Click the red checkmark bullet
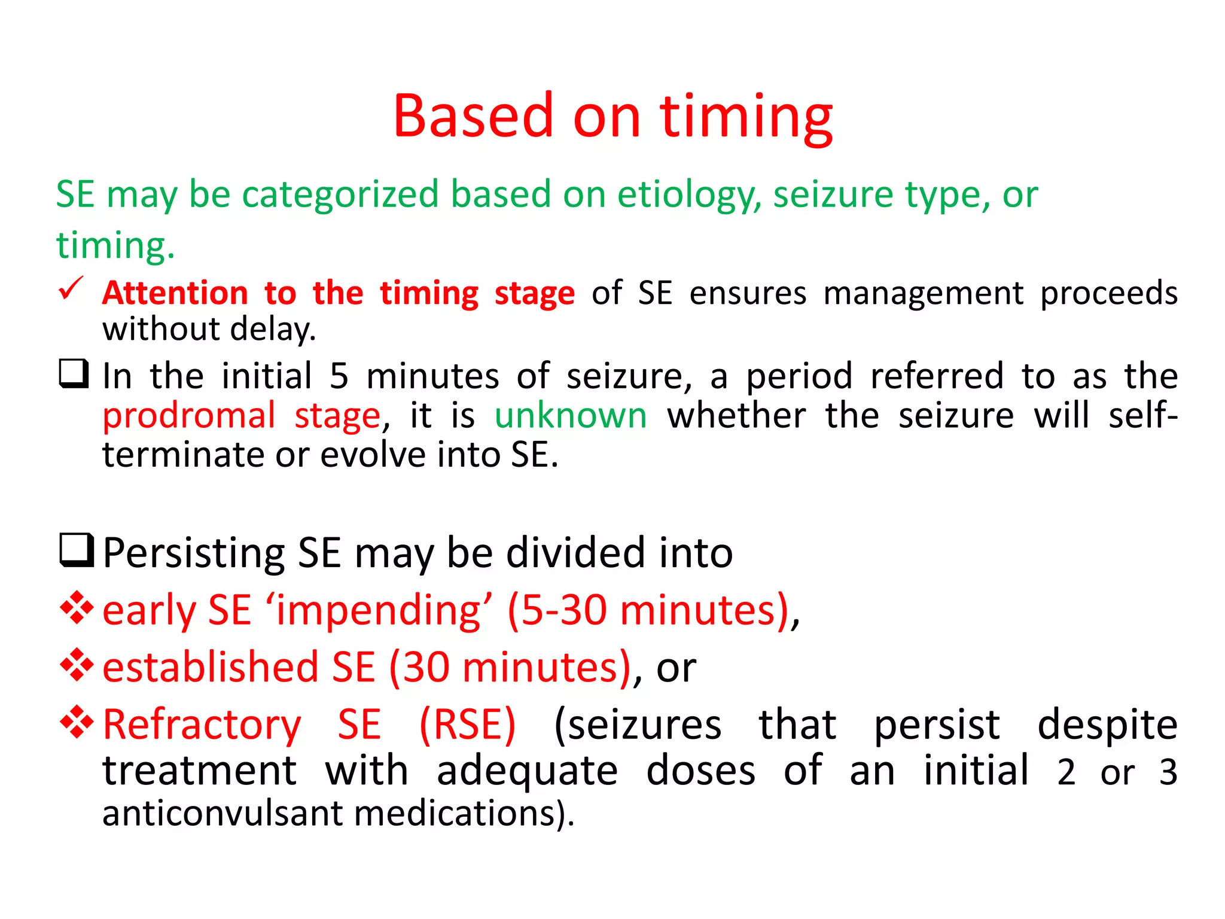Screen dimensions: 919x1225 (71, 289)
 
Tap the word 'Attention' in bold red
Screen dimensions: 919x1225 (175, 294)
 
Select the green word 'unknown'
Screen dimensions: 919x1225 (571, 415)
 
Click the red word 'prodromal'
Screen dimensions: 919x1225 (189, 416)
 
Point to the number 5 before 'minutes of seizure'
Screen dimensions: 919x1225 (339, 376)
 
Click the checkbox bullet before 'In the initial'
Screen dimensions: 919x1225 (74, 374)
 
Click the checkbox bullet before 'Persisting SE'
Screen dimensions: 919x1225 (77, 550)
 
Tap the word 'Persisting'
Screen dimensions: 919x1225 (193, 553)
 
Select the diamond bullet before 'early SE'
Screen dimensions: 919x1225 (77, 608)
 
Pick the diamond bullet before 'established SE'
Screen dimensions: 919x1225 (77, 665)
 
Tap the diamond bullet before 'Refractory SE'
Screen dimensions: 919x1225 (77, 722)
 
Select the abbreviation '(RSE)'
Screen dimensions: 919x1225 (467, 725)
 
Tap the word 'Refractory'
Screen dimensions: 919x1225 (202, 725)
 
